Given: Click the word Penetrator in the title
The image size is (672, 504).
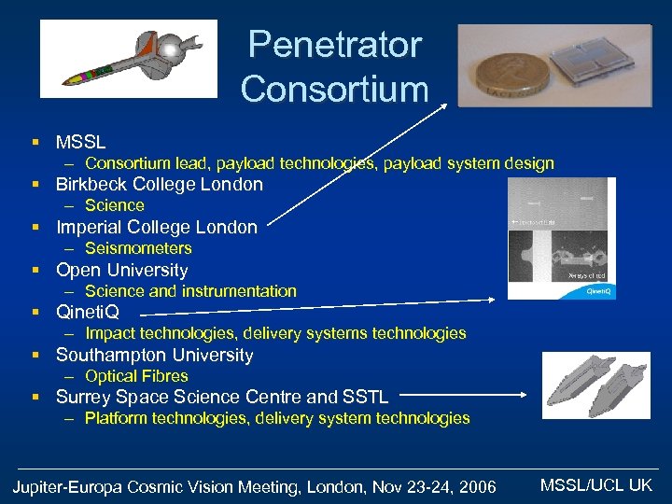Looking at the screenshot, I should coord(335,44).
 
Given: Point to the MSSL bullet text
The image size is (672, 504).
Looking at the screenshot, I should coord(81,143).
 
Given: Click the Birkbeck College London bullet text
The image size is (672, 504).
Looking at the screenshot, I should coord(160,184).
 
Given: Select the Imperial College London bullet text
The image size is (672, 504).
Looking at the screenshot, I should coord(157,227).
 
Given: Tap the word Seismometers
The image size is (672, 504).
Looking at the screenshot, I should coord(138,248).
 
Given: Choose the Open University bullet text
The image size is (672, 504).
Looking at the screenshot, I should coord(122,270).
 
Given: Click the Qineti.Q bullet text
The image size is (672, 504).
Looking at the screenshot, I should coord(88,312).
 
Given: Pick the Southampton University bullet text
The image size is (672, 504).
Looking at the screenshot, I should coord(155,355).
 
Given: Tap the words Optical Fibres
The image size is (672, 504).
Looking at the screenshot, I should coord(136,376).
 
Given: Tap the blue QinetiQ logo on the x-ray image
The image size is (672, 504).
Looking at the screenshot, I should coord(597,291).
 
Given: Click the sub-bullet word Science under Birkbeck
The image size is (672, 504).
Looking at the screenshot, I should coord(115,205).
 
